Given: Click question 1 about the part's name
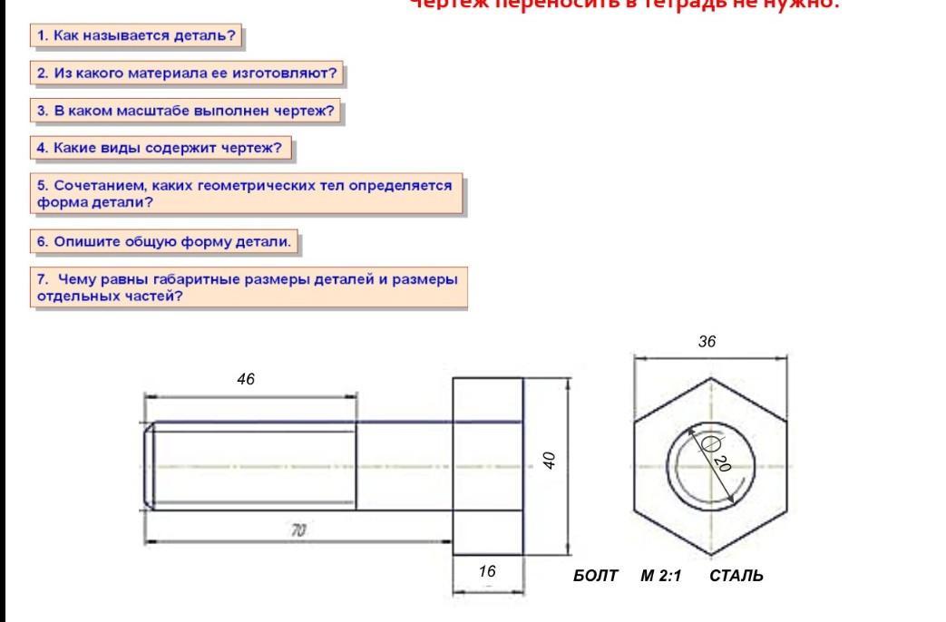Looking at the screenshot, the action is [141, 36].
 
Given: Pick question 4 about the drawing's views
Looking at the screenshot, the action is [165, 147].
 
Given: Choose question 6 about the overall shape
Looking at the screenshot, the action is [166, 242].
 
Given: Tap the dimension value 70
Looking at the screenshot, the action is [297, 531].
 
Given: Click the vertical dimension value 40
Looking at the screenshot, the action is [550, 462].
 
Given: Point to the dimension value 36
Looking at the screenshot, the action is [707, 343].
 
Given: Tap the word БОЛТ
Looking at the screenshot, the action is [595, 576].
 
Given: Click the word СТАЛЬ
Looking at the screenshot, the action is [736, 576].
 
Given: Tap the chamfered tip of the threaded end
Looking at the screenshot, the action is [148, 465].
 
